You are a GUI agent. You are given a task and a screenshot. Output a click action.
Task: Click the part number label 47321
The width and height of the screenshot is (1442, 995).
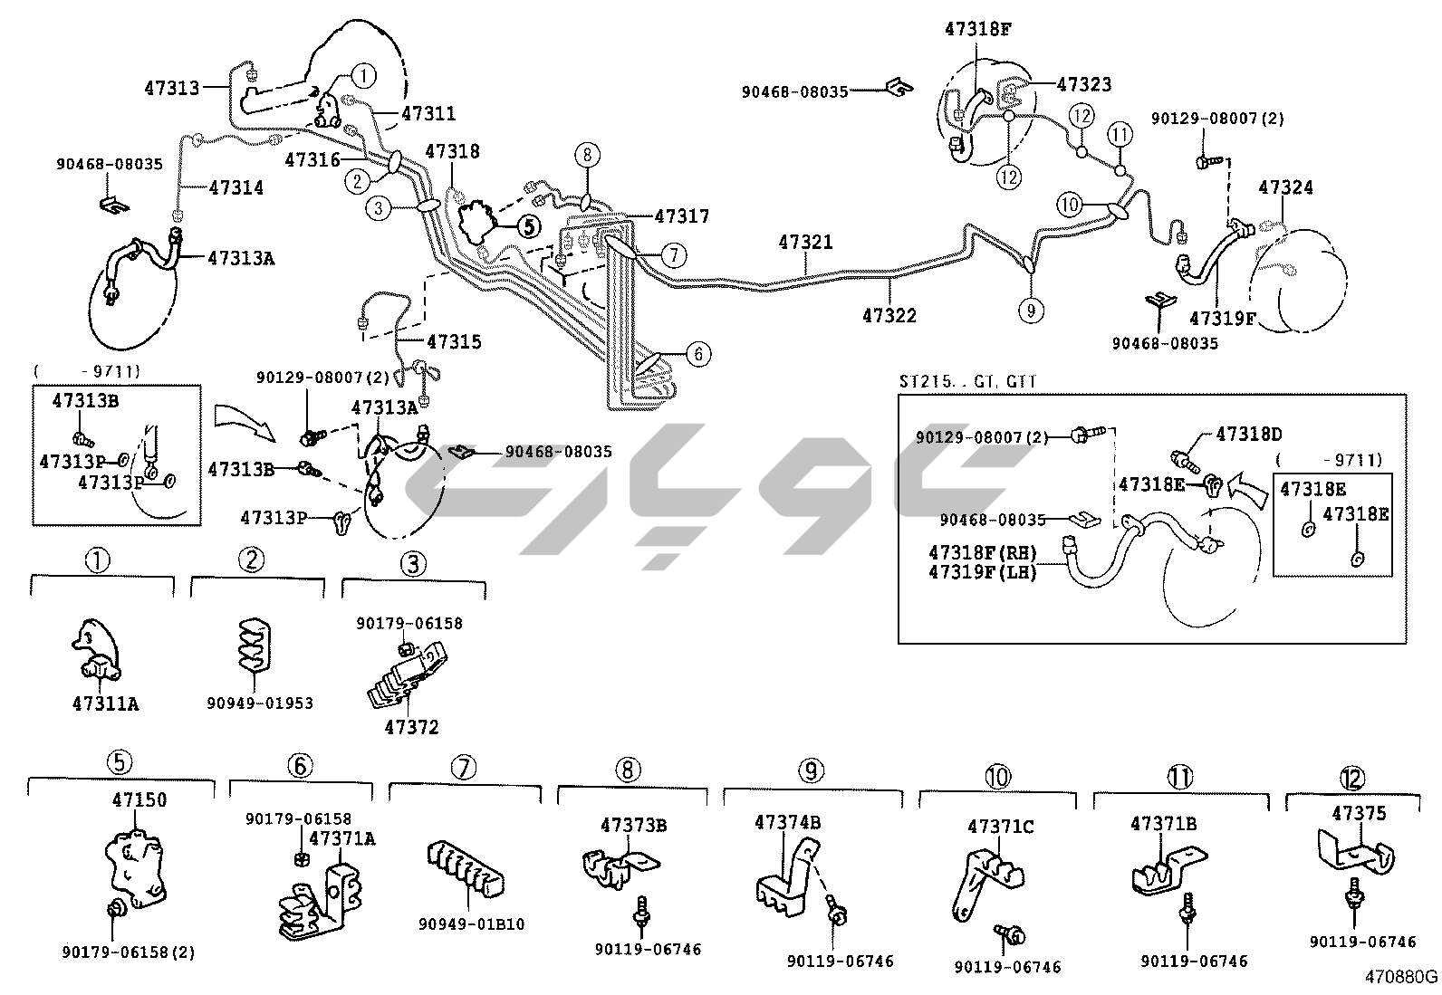(x=805, y=243)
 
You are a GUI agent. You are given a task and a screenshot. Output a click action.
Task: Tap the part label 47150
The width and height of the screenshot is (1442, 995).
(x=139, y=800)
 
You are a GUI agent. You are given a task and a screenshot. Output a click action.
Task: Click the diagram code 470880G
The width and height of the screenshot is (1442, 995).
(x=1402, y=977)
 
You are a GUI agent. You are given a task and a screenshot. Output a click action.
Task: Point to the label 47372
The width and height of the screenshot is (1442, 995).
(x=411, y=727)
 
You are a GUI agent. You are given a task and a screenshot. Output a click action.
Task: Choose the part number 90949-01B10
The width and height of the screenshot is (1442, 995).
(x=471, y=924)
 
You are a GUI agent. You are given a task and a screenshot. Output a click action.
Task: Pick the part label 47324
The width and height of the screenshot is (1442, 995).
(x=1285, y=187)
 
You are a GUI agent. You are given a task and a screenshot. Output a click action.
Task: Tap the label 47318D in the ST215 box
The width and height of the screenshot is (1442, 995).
(x=1249, y=434)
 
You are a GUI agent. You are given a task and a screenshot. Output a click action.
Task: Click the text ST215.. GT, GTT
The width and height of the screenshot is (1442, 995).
(x=966, y=382)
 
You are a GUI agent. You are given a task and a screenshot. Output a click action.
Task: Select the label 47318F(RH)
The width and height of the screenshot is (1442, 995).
(x=982, y=552)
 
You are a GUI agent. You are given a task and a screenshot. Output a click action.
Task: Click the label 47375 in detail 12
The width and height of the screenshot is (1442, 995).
(x=1359, y=814)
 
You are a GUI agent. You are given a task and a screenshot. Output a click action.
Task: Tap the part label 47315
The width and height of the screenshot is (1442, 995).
(x=455, y=342)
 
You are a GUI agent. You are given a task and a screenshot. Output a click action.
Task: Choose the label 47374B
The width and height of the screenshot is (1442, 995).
(x=788, y=822)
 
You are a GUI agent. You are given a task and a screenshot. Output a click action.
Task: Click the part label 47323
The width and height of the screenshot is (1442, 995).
(x=1084, y=84)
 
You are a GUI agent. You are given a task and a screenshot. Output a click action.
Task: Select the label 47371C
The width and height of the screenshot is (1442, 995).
(x=1000, y=827)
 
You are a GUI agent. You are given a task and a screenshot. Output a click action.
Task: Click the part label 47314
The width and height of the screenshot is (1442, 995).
(x=236, y=187)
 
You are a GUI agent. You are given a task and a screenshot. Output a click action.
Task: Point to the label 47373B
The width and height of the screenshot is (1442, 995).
(x=634, y=825)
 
